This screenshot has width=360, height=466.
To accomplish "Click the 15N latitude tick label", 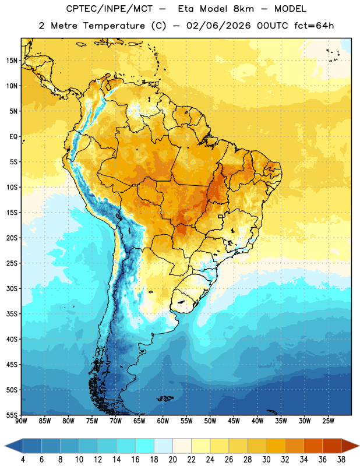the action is coord(12,61).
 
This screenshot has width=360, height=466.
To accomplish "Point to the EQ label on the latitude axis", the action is coord(13,137).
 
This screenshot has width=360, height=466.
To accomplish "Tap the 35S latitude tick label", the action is coord(12,314).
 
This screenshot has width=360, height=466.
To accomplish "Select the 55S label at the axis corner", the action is coord(12,415).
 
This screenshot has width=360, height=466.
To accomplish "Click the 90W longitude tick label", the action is coord(21,421).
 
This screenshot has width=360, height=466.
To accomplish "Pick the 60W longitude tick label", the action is coord(163,421).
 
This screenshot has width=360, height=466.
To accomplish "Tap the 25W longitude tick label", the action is coord(328,421).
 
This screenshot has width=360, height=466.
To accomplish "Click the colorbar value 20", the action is coord(172,460).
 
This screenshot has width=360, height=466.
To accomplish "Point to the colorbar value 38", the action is coord(341,460).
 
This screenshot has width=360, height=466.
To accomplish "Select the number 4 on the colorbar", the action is coord(23,460).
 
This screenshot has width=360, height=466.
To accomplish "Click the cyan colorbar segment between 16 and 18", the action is coord(144,446).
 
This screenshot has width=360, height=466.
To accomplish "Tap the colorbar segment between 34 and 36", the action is coord(313,446).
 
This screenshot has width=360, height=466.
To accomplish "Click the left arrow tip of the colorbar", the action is coord(5,446).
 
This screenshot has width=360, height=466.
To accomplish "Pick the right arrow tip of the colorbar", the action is coord(359,446).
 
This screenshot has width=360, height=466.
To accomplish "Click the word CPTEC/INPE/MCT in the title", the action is coord(110,9).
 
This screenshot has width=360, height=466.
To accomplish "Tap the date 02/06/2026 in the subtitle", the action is coord(218,26).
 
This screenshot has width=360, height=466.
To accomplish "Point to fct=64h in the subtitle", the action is coord(314,26).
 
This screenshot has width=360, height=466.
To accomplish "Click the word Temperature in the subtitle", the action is coord(114,26).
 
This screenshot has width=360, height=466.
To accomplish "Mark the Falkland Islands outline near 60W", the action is coord(165,398).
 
